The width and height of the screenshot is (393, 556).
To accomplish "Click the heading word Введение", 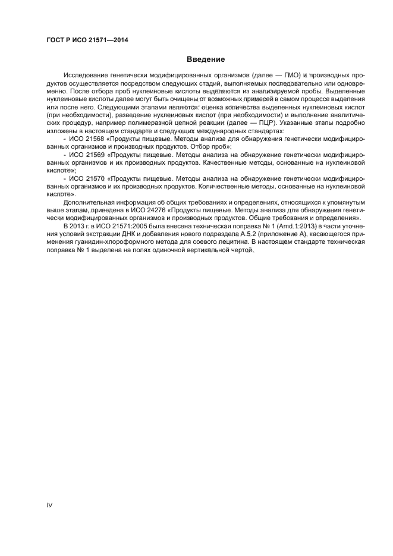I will [206, 59].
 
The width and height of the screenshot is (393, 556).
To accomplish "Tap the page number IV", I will [50, 505].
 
